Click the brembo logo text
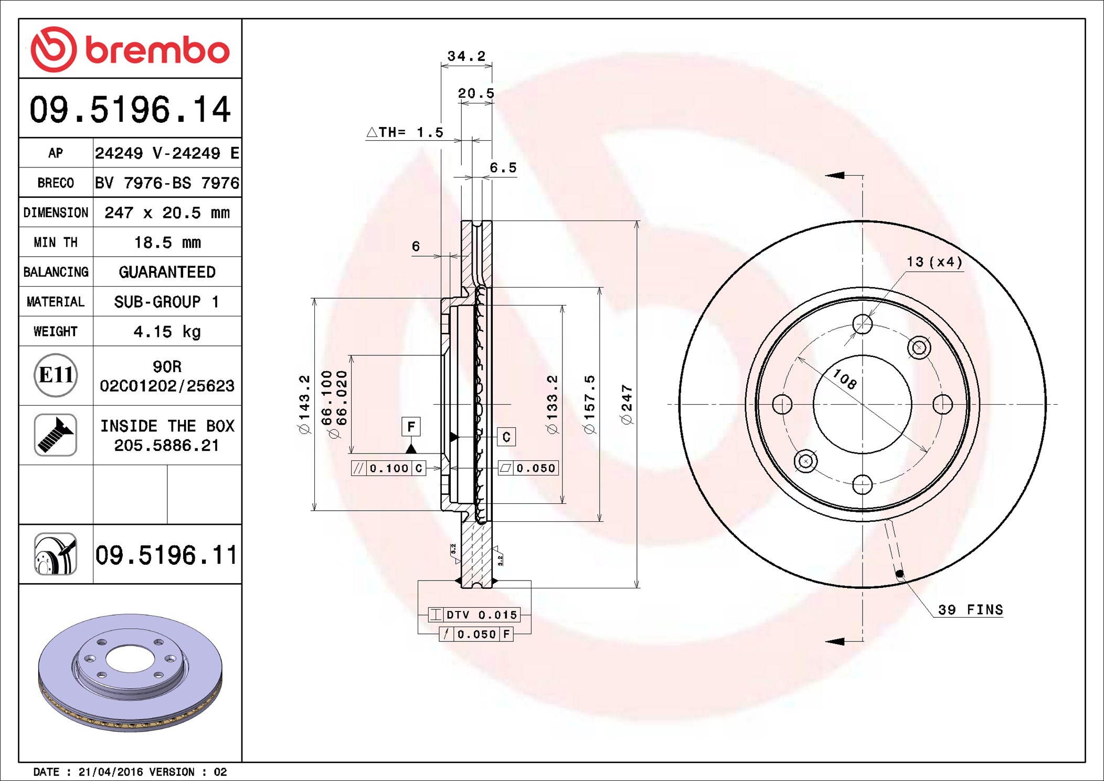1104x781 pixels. pyautogui.click(x=157, y=51)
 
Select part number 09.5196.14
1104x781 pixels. pyautogui.click(x=130, y=109)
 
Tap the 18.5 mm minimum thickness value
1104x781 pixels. pyautogui.click(x=167, y=242)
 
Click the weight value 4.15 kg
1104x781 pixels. pyautogui.click(x=167, y=332)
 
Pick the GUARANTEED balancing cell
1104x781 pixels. pyautogui.click(x=167, y=272)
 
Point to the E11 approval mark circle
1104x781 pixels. pyautogui.click(x=56, y=375)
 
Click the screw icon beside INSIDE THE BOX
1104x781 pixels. pyautogui.click(x=56, y=435)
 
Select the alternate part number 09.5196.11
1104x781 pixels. pyautogui.click(x=166, y=555)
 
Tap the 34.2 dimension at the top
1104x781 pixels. pyautogui.click(x=466, y=56)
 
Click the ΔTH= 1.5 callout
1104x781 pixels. pyautogui.click(x=405, y=132)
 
